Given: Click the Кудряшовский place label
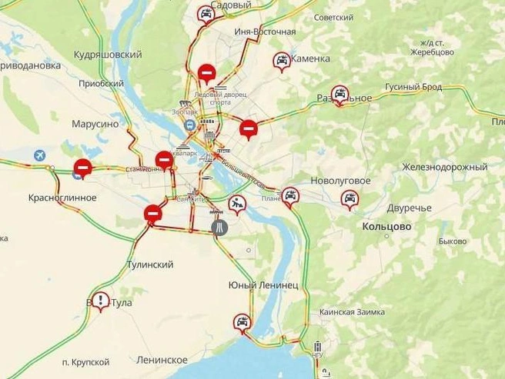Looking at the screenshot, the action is [108, 55].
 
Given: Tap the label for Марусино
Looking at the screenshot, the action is [95, 123].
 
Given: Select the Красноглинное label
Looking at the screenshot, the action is [62, 198].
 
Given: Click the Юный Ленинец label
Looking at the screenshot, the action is [263, 285].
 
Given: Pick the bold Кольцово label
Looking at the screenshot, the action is [386, 227].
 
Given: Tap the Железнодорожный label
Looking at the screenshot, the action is [444, 167].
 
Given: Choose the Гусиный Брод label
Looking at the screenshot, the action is [413, 87].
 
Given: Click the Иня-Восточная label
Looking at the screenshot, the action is [267, 32].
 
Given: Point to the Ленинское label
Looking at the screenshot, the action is [162, 360].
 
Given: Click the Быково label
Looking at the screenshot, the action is [453, 241].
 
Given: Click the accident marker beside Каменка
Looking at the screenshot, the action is [282, 60].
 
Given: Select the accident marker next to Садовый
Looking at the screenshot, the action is [205, 13].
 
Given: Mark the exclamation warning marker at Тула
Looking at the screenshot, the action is [100, 300].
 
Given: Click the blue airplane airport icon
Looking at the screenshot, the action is [38, 155].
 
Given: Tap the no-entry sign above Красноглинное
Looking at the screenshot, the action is [82, 167].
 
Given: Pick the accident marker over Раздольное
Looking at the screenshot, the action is [339, 93].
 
